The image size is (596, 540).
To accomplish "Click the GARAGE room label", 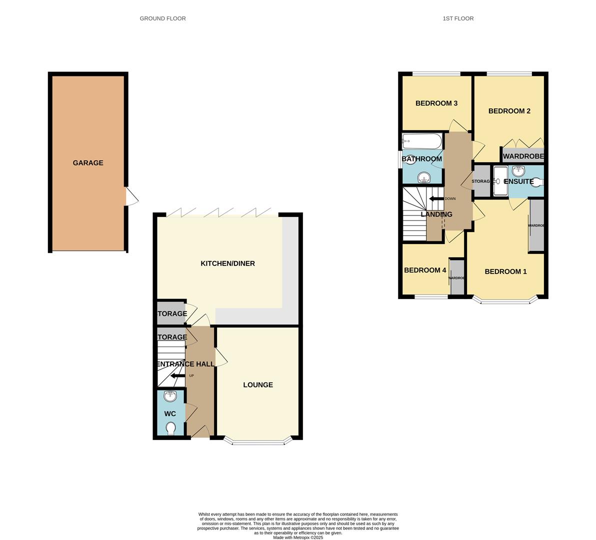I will click(88, 163).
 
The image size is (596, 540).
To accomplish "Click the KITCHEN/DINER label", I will click(227, 263).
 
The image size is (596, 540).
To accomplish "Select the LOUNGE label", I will click(258, 385).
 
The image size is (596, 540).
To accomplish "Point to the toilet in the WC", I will click(170, 429).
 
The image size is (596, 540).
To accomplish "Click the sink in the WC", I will click(170, 396).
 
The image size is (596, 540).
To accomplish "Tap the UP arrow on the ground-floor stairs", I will click(177, 376).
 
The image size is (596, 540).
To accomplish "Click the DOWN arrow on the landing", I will click(436, 198).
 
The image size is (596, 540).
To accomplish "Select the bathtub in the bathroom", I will click(422, 140).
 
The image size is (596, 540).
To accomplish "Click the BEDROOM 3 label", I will click(436, 103).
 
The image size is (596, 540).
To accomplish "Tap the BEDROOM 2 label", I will click(509, 111).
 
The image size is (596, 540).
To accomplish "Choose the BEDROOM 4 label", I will click(425, 270).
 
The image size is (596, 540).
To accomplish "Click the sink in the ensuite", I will click(518, 171).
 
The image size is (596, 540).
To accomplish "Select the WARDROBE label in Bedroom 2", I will click(523, 156).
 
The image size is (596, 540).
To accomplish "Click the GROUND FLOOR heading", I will click(162, 18).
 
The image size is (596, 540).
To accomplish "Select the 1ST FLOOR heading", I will click(458, 18).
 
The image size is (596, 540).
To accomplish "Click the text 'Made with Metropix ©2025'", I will click(298, 537).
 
